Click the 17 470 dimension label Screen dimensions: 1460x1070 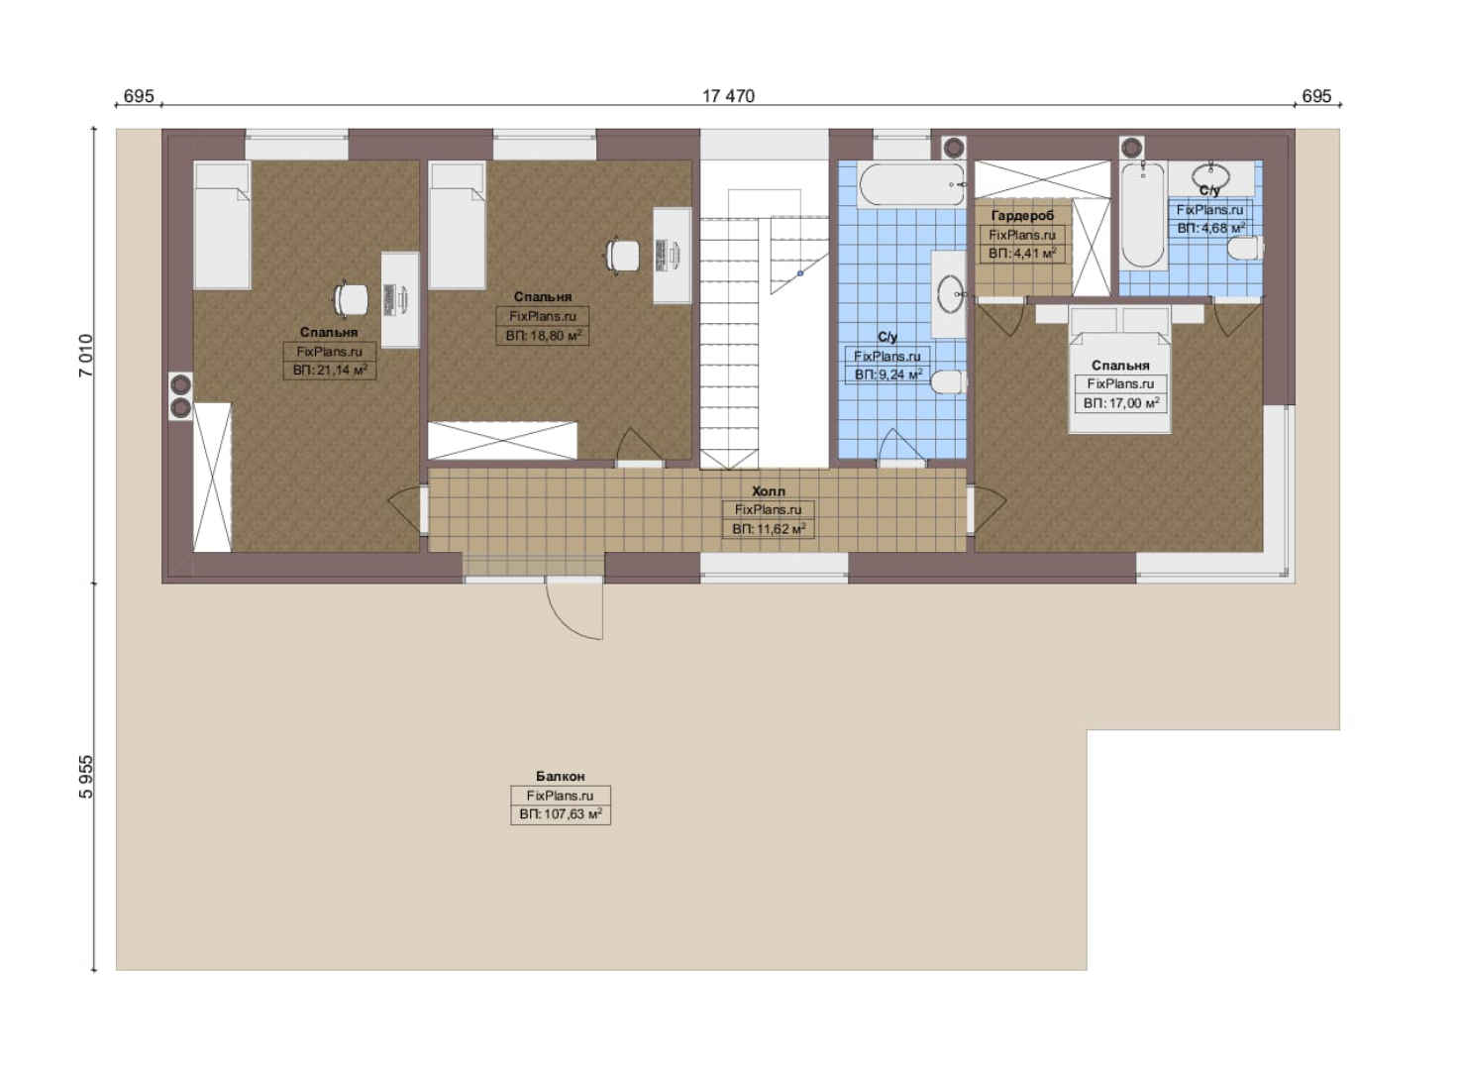coord(728,96)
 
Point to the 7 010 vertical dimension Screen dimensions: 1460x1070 coord(86,356)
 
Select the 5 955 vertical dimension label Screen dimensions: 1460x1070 coord(86,777)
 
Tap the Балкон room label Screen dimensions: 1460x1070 coord(561,776)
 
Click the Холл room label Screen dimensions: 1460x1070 coord(769,491)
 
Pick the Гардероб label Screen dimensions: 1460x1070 coord(1022,215)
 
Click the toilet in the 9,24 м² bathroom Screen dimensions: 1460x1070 coord(948,382)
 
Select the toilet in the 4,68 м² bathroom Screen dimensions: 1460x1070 coord(1245,249)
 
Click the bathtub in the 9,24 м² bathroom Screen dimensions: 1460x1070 coord(912,185)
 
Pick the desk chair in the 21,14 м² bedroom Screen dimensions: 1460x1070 coord(351,299)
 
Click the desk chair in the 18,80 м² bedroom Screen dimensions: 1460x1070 coord(622,255)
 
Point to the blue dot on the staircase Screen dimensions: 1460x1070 coord(800,273)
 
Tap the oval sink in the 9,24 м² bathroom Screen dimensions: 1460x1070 coord(950,294)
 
